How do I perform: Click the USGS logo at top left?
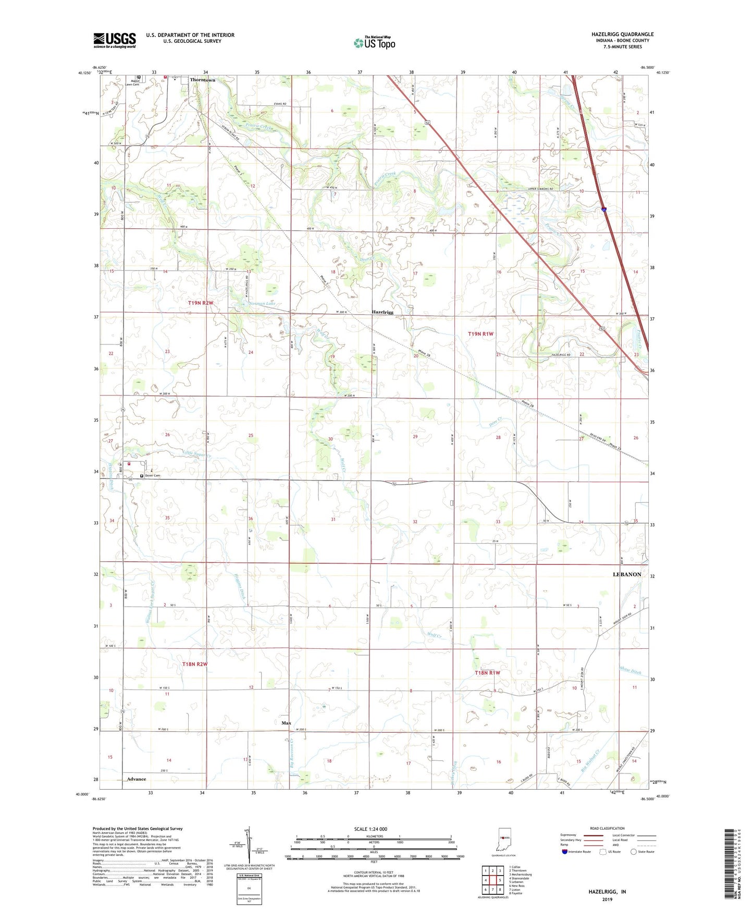pyautogui.click(x=115, y=40)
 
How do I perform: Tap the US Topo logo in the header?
pyautogui.click(x=374, y=43)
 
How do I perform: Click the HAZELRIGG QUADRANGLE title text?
pyautogui.click(x=622, y=34)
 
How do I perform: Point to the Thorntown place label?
pyautogui.click(x=202, y=80)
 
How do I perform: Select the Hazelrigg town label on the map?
pyautogui.click(x=382, y=312)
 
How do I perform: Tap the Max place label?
pyautogui.click(x=286, y=723)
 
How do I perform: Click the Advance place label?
pyautogui.click(x=137, y=779)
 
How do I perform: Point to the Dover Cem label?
pyautogui.click(x=153, y=475)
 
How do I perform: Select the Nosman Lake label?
pyautogui.click(x=263, y=303)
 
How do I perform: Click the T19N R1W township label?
pyautogui.click(x=480, y=334)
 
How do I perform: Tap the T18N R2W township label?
pyautogui.click(x=195, y=663)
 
